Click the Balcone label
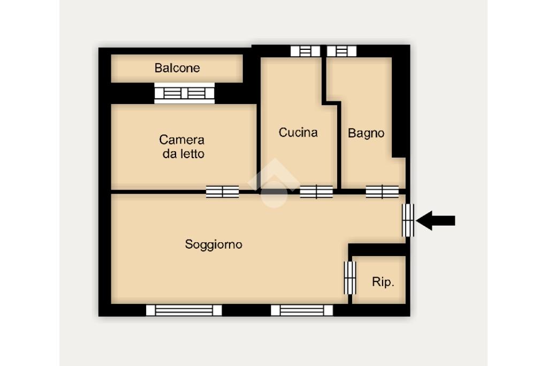(177, 68)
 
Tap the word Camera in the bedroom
(182, 140)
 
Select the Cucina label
(298, 132)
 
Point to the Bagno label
(366, 133)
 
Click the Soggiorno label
(214, 244)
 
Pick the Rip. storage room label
(383, 282)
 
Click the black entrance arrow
(436, 220)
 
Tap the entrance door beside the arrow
(408, 220)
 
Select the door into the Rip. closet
(350, 278)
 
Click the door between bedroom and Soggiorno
(222, 192)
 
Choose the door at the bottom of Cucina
(316, 192)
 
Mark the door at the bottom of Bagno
(382, 192)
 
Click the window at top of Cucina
(306, 51)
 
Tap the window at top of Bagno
(342, 51)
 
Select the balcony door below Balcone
(185, 93)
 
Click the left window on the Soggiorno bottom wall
(184, 310)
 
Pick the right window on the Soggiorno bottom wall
(302, 310)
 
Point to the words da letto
(184, 154)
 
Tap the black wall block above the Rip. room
(378, 250)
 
